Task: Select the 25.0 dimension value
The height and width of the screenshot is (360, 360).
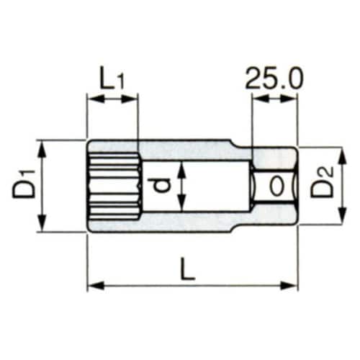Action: click(x=274, y=77)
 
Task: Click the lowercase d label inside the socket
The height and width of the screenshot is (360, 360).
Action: click(x=163, y=186)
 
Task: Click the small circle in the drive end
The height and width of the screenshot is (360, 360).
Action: click(x=276, y=186)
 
